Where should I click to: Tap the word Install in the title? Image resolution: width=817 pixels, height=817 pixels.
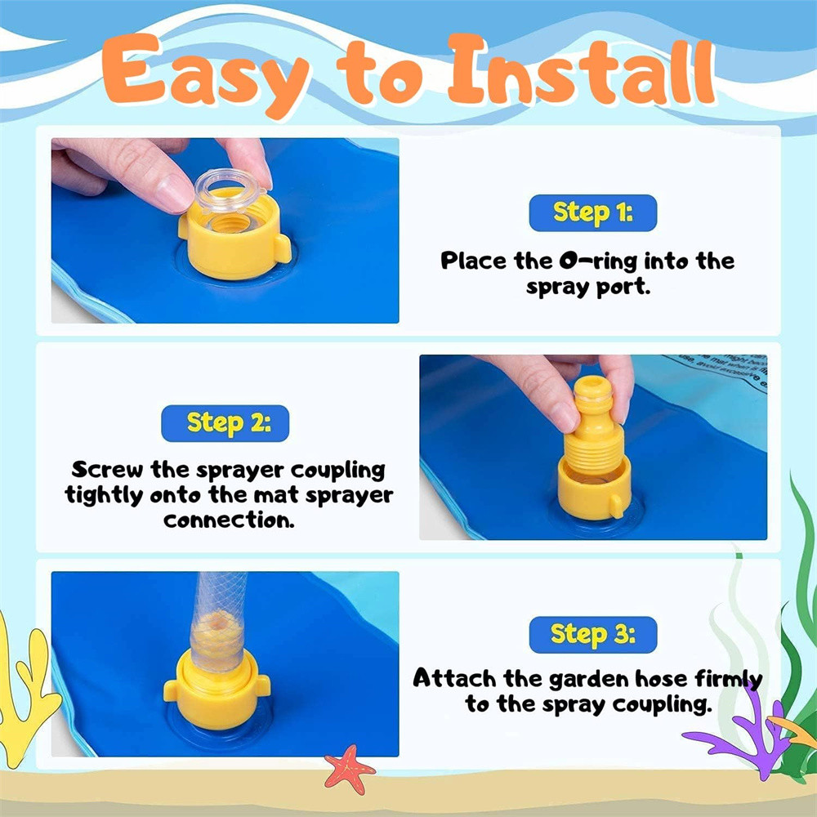click(x=582, y=70)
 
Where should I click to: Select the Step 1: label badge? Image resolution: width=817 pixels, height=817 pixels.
click(x=593, y=212)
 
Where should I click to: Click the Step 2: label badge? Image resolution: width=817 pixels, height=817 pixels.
click(x=225, y=423)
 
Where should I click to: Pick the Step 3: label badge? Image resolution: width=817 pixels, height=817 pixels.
click(x=593, y=635)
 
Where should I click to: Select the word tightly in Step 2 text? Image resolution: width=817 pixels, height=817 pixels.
click(x=104, y=496)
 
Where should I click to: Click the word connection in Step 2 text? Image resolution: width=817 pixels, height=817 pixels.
click(x=229, y=520)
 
